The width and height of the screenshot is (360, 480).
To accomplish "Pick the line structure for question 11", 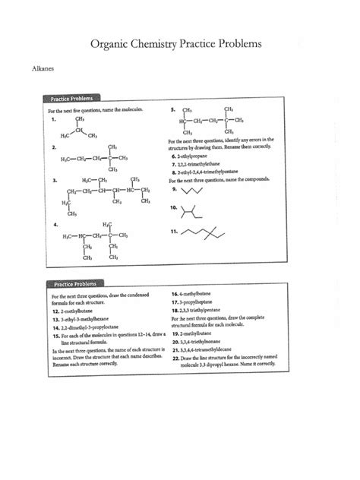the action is coord(205,232).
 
